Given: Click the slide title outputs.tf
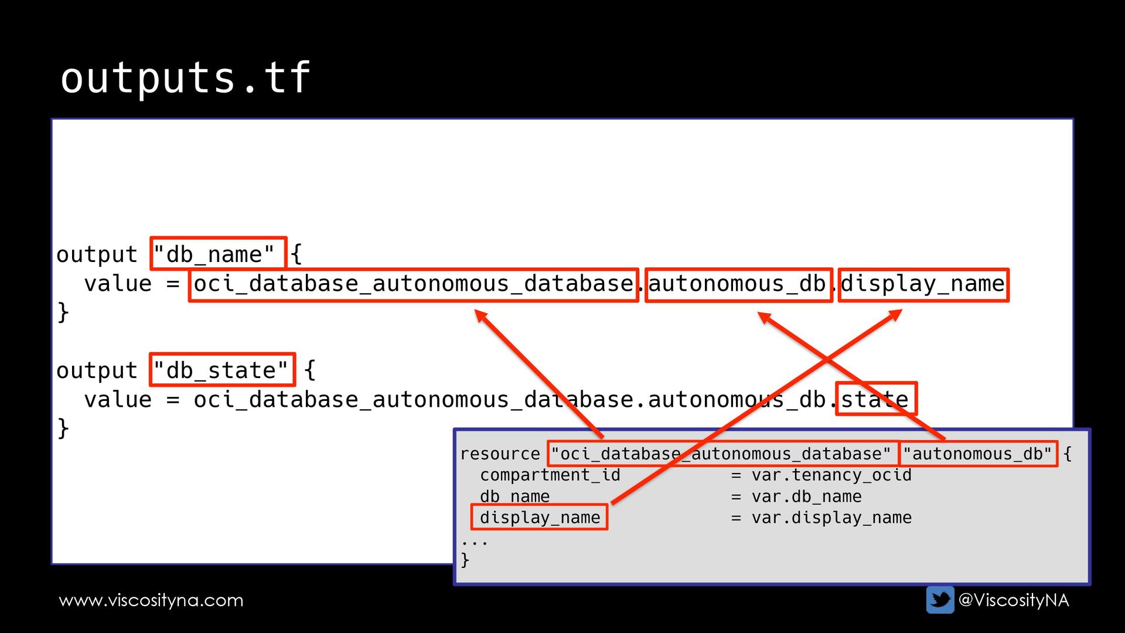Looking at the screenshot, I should [x=185, y=78].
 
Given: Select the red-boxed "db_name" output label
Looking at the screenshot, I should [x=218, y=254].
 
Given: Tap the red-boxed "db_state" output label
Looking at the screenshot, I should [x=222, y=370].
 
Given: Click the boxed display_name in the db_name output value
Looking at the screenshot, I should [x=923, y=285].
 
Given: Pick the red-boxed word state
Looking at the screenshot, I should [x=875, y=399].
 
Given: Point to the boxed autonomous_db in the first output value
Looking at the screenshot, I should [x=738, y=285].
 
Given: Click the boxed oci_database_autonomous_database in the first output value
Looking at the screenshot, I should [x=413, y=285].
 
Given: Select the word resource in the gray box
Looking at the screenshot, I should [x=500, y=454].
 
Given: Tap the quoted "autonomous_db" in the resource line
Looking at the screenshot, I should [x=977, y=454].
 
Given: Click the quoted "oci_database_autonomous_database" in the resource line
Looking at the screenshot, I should [x=721, y=454].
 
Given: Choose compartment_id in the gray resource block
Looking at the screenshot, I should [x=550, y=475].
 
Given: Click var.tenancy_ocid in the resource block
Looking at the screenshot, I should [x=831, y=475].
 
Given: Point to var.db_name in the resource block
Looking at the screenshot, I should [x=806, y=496].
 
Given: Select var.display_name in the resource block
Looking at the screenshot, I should [x=831, y=518].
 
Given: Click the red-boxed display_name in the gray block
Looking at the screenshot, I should [x=540, y=518].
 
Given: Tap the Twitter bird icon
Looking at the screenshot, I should [x=940, y=600].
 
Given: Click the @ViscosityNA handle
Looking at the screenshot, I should [x=1013, y=600].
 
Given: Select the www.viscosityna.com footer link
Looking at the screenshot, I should [x=151, y=600].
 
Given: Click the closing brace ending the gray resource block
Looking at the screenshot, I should [x=465, y=560].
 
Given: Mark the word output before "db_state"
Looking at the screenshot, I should [x=97, y=370].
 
